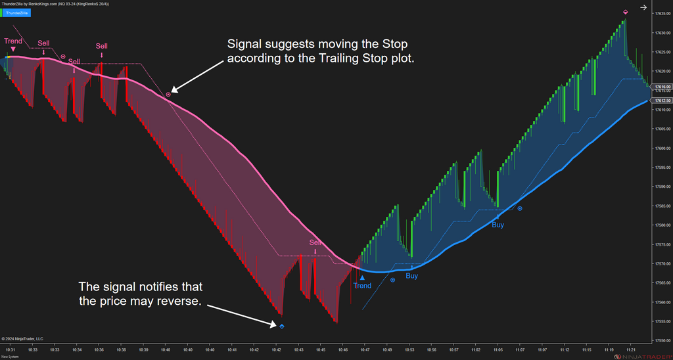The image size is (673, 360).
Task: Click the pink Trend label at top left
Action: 13,41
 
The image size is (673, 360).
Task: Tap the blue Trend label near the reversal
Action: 362,286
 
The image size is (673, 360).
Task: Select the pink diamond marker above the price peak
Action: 625,12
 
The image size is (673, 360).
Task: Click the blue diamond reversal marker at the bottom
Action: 282,326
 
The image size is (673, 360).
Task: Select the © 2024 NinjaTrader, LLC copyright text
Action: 22,339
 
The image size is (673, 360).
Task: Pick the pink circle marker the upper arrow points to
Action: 168,95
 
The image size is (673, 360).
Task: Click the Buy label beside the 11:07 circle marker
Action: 498,225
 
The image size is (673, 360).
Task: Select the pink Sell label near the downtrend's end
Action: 316,242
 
